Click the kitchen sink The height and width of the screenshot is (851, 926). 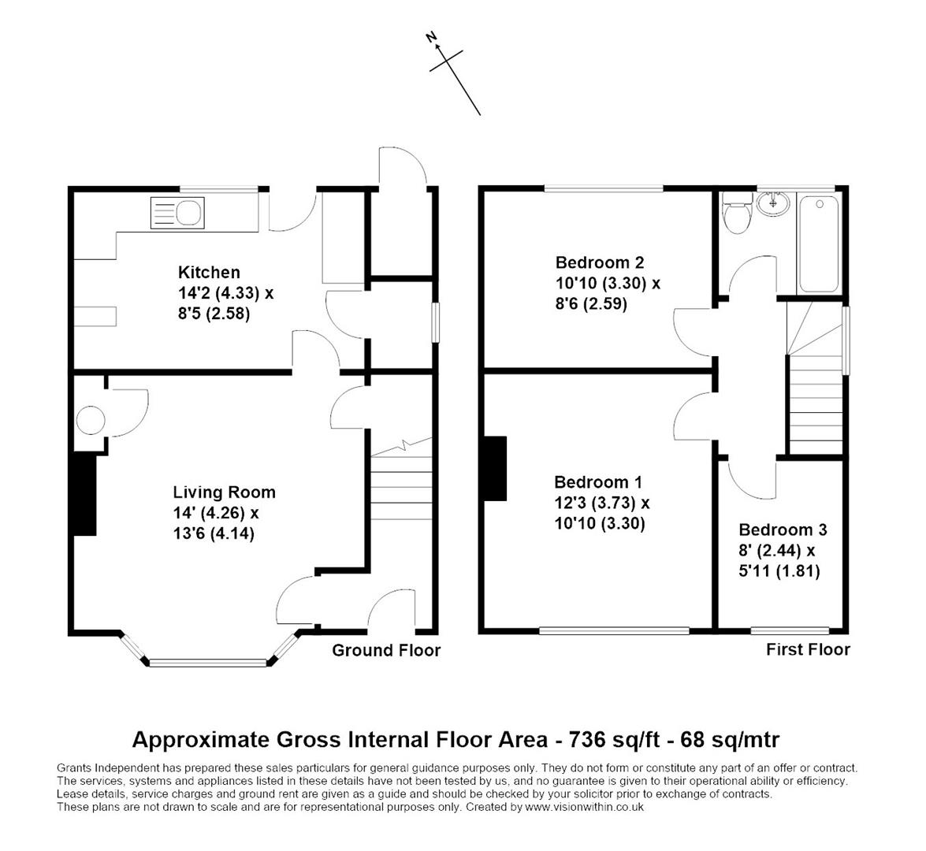pyautogui.click(x=177, y=213)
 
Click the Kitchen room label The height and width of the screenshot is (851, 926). pyautogui.click(x=209, y=273)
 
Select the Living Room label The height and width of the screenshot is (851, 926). pyautogui.click(x=224, y=492)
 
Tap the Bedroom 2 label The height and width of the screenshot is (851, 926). pyautogui.click(x=600, y=262)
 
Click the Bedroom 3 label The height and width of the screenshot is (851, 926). pyautogui.click(x=783, y=530)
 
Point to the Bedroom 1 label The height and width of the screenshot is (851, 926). pyautogui.click(x=597, y=482)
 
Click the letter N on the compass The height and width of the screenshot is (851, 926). pyautogui.click(x=431, y=37)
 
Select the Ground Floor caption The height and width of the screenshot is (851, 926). pyautogui.click(x=386, y=650)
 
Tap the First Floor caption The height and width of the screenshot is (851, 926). pyautogui.click(x=808, y=649)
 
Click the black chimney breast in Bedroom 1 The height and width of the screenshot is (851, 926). pyautogui.click(x=495, y=468)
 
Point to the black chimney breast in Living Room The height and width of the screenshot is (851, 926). pyautogui.click(x=84, y=494)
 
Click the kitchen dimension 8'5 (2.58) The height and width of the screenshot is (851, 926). pyautogui.click(x=214, y=313)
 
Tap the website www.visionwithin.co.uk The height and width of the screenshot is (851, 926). pyautogui.click(x=584, y=807)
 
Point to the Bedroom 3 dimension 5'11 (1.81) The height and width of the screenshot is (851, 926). pyautogui.click(x=779, y=571)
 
